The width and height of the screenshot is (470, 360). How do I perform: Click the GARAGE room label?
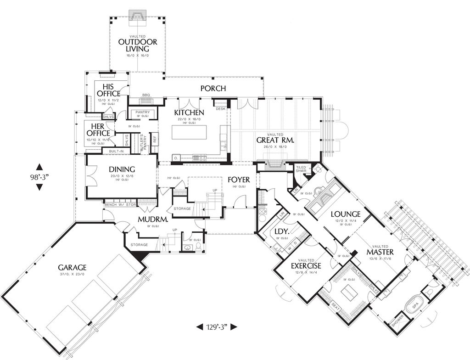tap(73, 267)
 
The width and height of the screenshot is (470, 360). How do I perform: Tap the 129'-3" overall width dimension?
tap(217, 327)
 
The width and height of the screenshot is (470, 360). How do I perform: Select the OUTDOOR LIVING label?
tap(138, 45)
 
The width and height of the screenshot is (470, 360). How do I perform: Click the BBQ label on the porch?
tap(146, 95)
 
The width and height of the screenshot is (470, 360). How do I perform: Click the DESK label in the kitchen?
tap(220, 109)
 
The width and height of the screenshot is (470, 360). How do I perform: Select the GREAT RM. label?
tap(275, 140)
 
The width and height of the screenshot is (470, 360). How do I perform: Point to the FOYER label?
tap(239, 180)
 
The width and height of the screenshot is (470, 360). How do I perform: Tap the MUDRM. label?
tap(152, 219)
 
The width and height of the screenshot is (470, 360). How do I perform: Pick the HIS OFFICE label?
tap(108, 90)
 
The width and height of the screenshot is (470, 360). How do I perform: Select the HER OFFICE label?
tap(97, 130)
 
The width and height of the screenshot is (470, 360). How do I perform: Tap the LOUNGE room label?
tap(345, 214)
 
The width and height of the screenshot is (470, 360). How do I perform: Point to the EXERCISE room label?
tap(306, 266)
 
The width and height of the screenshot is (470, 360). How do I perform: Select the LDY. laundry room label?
tap(281, 232)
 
